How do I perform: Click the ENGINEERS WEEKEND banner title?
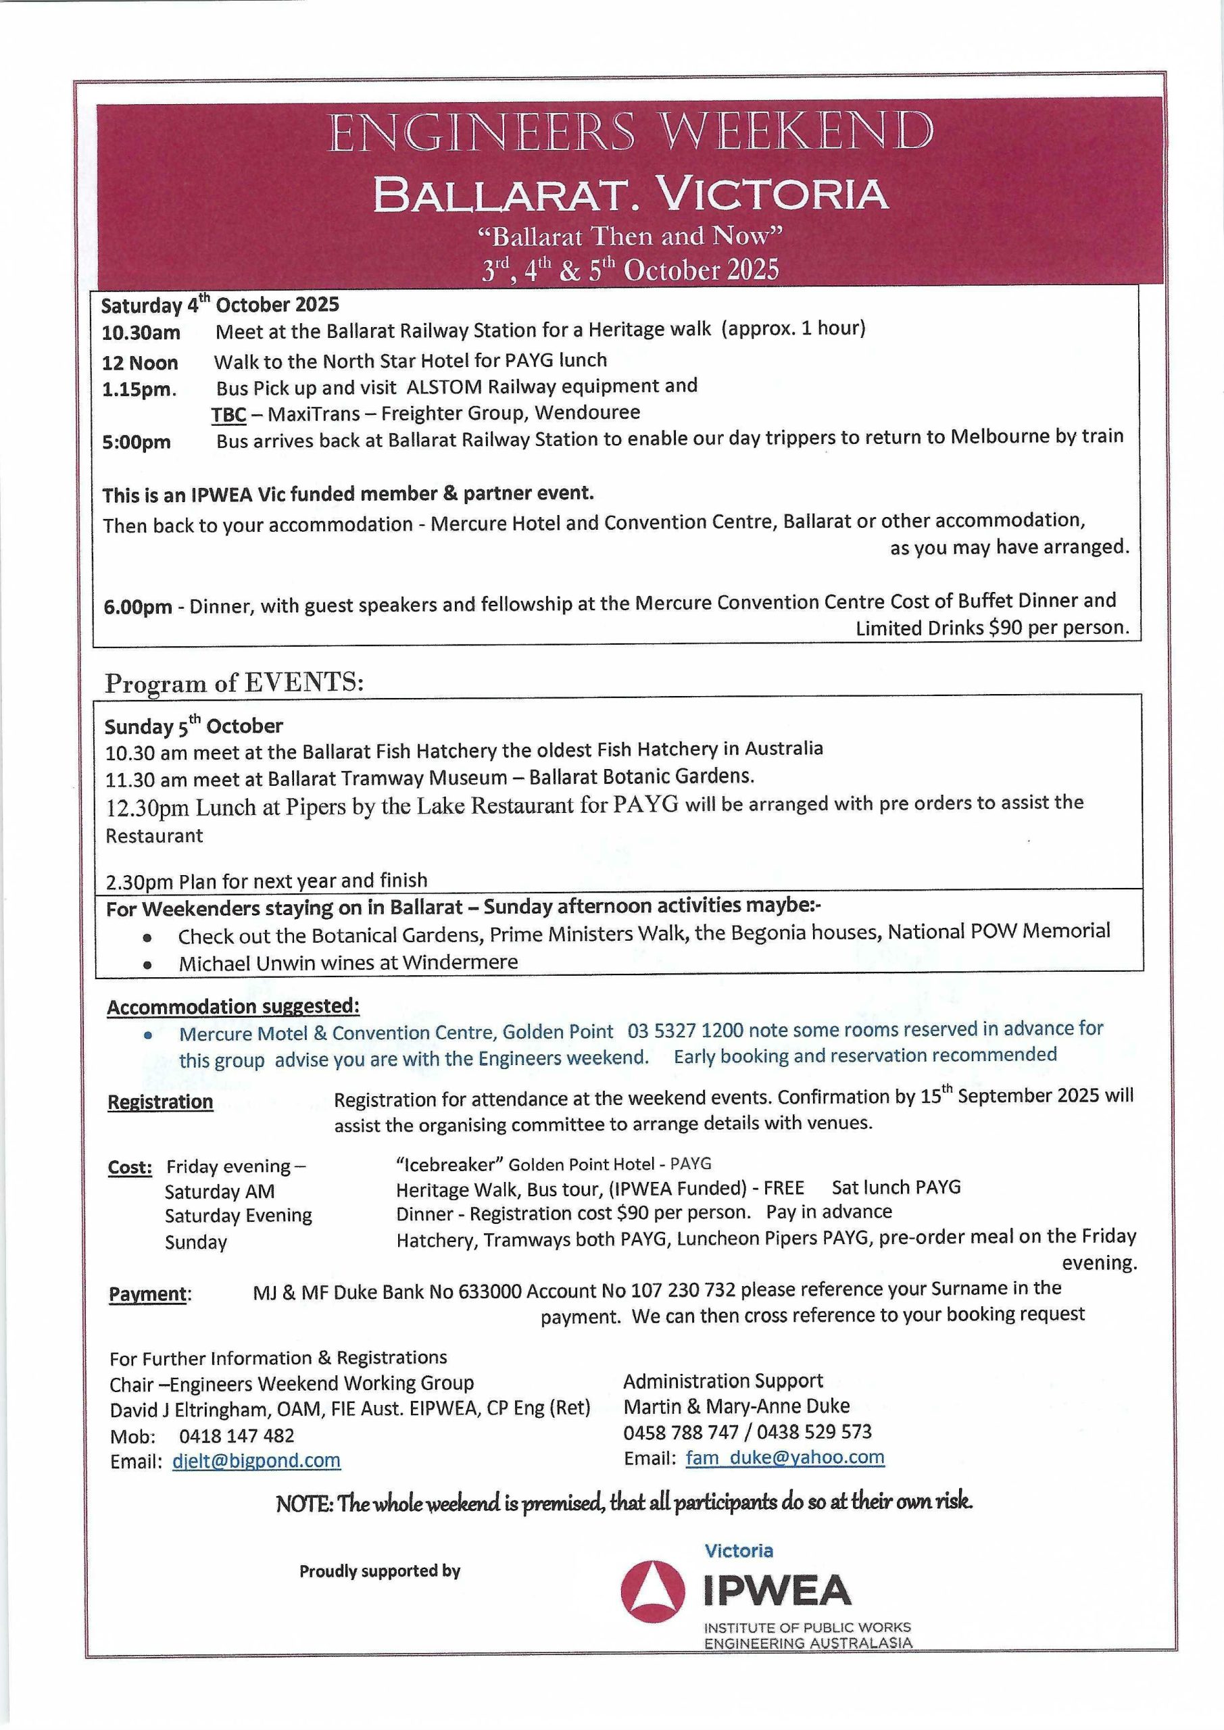click(630, 132)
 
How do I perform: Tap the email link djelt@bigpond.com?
click(256, 1460)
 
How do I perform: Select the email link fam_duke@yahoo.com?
click(785, 1457)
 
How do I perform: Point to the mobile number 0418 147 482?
click(237, 1436)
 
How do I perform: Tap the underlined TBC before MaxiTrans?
click(228, 414)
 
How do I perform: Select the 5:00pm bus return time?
click(137, 442)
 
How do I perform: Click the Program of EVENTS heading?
click(235, 683)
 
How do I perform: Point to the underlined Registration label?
click(161, 1102)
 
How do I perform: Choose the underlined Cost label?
click(130, 1167)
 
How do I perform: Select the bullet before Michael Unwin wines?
click(148, 964)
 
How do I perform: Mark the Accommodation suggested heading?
click(233, 1007)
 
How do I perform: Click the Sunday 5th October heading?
click(194, 726)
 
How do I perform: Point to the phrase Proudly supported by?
click(380, 1572)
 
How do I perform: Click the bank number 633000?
click(490, 1291)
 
